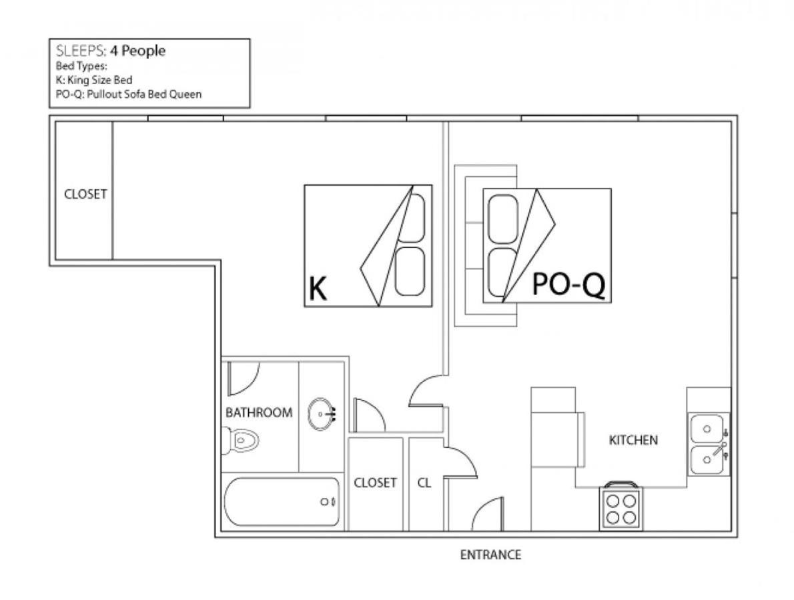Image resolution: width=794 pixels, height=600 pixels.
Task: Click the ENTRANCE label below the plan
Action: [x=490, y=555]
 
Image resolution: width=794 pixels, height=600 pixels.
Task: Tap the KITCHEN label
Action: [x=633, y=440]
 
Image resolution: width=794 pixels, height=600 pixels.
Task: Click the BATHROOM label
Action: [x=259, y=413]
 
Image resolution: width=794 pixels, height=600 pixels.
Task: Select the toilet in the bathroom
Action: [x=240, y=439]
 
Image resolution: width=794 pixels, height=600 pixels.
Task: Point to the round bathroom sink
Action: [x=321, y=415]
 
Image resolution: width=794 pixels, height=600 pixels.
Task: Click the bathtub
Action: [x=282, y=502]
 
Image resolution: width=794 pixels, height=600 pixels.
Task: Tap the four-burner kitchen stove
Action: [x=621, y=507]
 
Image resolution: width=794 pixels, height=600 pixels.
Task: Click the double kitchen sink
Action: [x=709, y=444]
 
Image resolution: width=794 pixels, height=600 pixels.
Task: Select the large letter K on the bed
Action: [x=318, y=289]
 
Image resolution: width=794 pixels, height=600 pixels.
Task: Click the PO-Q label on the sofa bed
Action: [x=568, y=284]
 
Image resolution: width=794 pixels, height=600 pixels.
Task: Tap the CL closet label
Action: [x=424, y=483]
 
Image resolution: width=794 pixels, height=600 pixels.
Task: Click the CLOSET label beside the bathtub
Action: [x=375, y=483]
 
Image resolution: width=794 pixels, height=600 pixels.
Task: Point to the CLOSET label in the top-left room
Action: [x=85, y=194]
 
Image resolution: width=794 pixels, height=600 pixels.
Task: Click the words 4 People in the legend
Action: [x=137, y=51]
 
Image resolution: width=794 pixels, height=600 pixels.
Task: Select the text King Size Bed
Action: [x=100, y=80]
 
